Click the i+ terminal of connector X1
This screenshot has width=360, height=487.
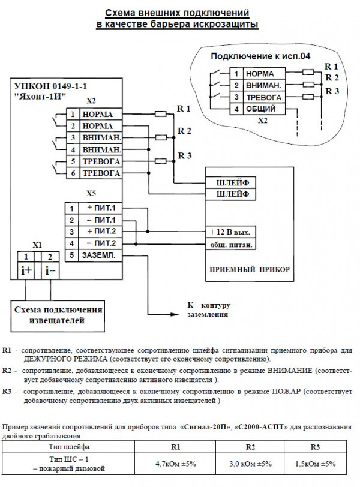26,270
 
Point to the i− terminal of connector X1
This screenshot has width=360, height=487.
50,270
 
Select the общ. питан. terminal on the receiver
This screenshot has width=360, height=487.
231,245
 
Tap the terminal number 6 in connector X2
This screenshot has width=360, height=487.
73,173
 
